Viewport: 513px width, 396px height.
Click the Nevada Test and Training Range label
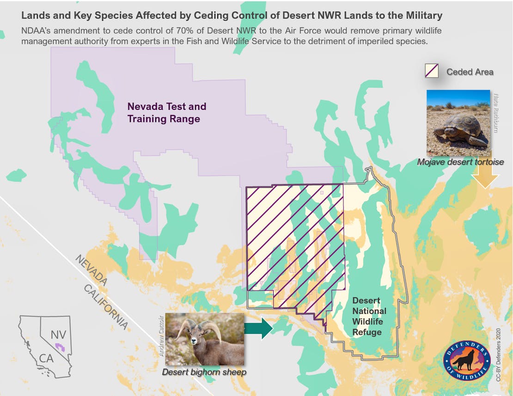166,113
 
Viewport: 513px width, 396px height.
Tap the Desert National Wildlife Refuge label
369,316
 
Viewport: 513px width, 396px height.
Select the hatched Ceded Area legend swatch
432,71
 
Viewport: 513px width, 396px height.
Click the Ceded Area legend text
470,72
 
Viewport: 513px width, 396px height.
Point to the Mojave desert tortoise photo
458,123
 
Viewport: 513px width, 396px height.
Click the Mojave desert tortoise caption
460,162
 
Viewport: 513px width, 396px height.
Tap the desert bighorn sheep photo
204,339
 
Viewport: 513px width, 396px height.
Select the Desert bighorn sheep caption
204,372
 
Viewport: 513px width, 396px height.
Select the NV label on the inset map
58,334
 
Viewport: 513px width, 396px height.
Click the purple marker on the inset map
59,346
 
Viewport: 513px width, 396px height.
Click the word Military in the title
423,16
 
